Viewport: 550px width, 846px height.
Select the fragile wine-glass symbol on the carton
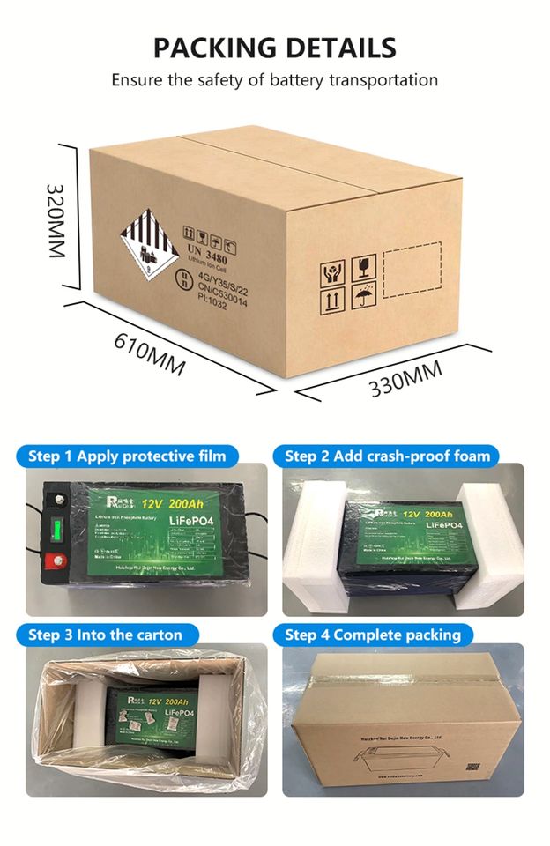click(364, 265)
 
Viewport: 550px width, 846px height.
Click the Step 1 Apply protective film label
click(127, 456)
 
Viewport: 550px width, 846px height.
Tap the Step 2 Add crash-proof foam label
click(387, 456)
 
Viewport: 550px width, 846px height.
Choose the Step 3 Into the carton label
click(105, 634)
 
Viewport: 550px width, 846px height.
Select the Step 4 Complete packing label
click(373, 634)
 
